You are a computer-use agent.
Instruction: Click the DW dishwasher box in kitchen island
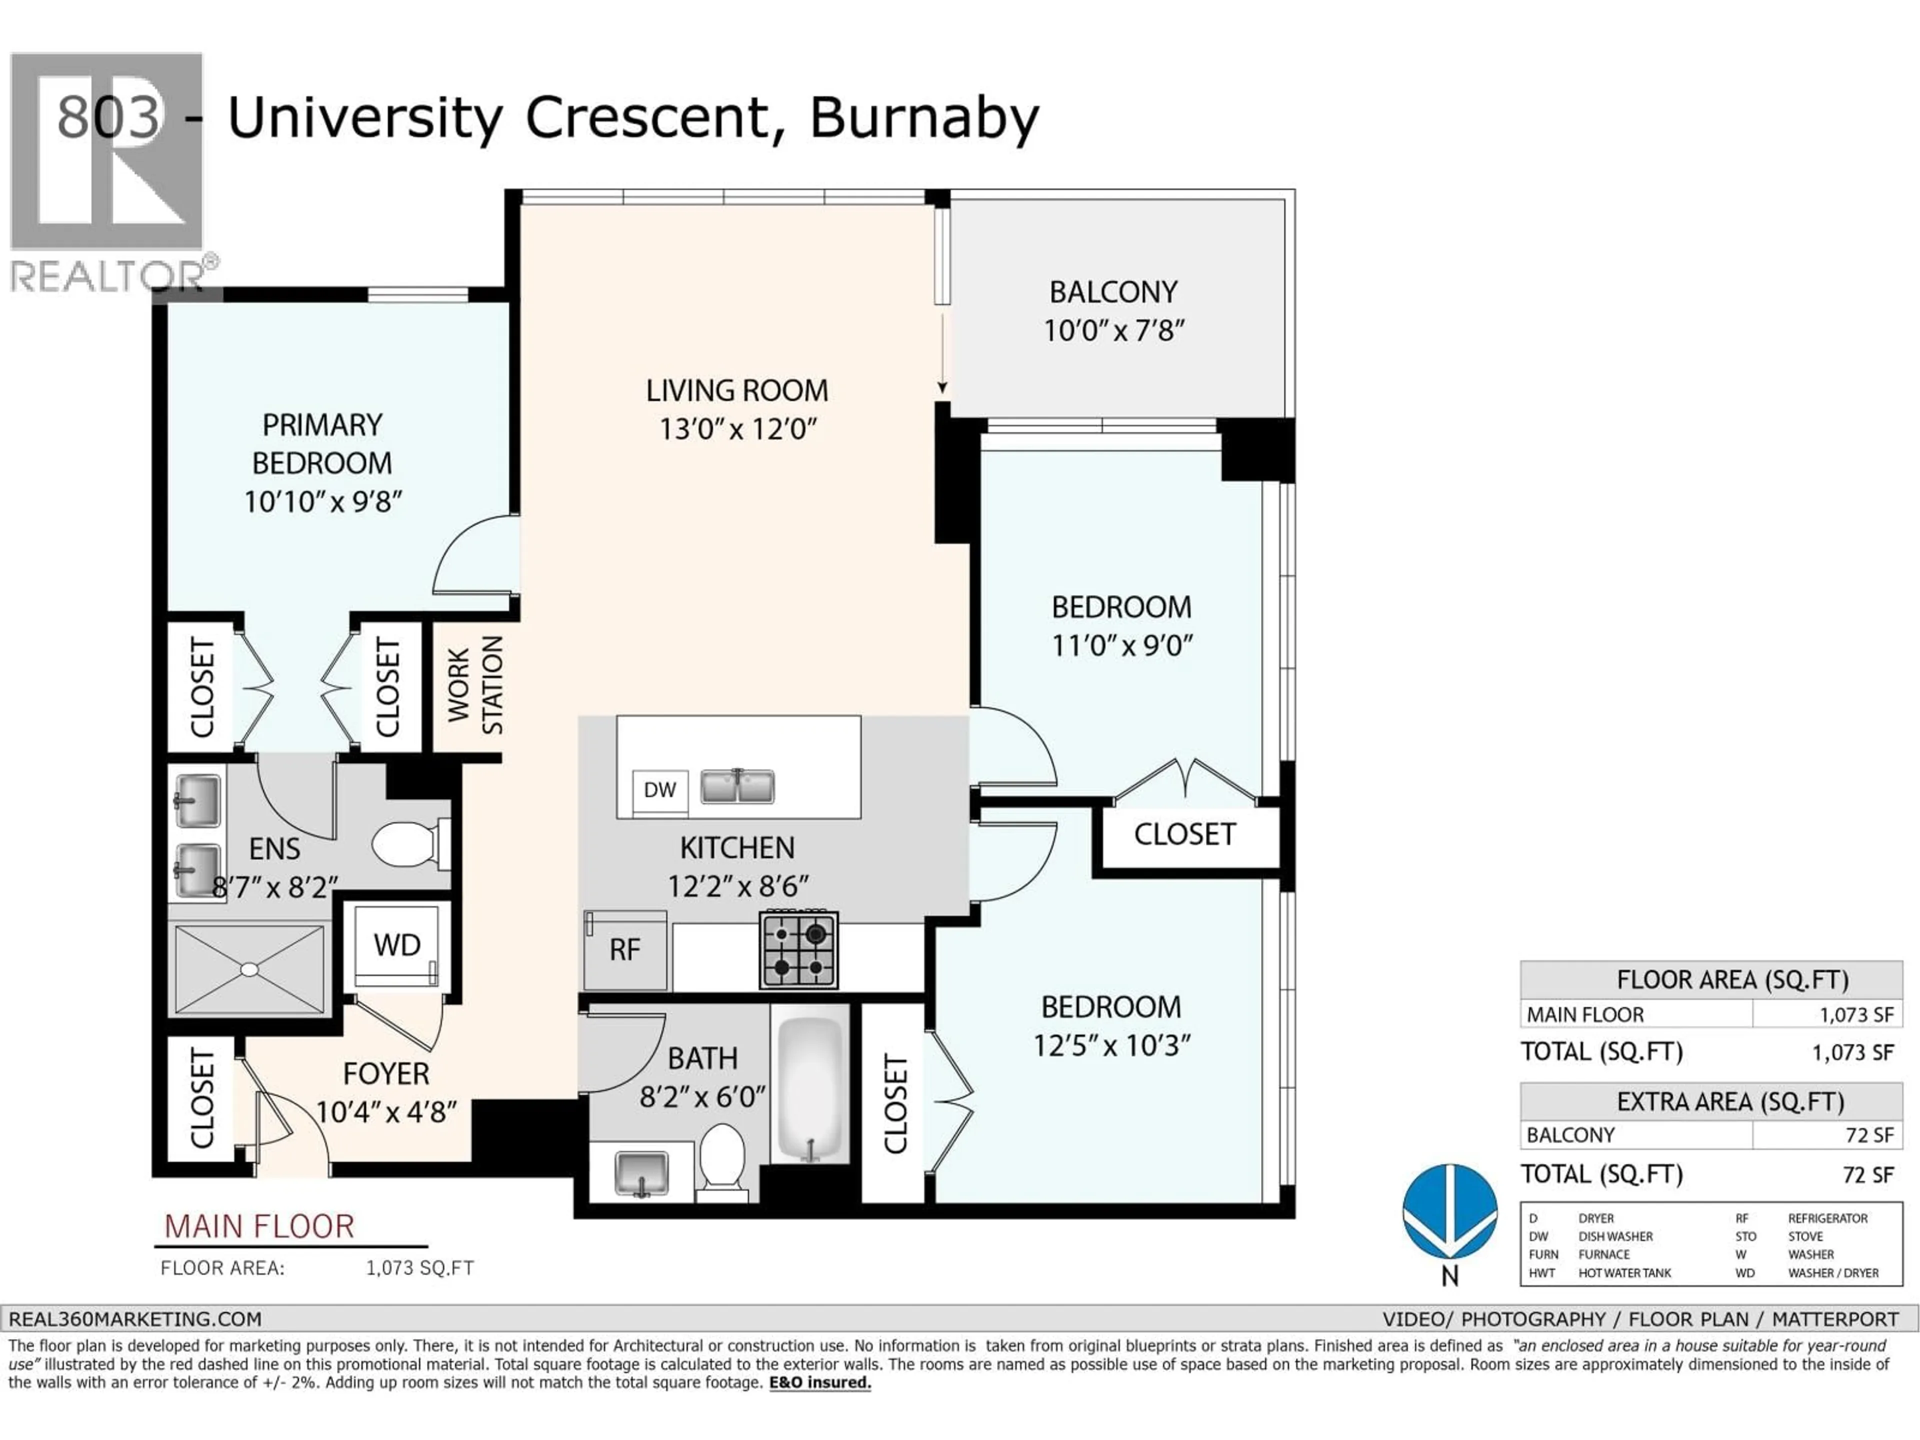click(x=659, y=790)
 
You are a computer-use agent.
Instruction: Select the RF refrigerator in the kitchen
click(x=625, y=950)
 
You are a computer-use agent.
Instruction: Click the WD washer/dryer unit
click(x=396, y=945)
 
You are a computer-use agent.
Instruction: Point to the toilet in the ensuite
click(x=408, y=843)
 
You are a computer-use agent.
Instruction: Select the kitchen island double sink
click(x=737, y=786)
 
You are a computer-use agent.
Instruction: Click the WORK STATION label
click(x=475, y=685)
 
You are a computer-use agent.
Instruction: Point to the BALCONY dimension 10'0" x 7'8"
click(x=1113, y=330)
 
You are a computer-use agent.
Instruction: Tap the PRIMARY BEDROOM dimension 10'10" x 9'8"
click(x=322, y=501)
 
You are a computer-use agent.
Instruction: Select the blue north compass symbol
click(x=1449, y=1211)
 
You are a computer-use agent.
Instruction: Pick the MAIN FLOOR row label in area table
click(x=1585, y=1014)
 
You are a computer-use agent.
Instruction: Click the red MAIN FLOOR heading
click(x=258, y=1226)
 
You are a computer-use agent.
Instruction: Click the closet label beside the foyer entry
click(x=201, y=1098)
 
